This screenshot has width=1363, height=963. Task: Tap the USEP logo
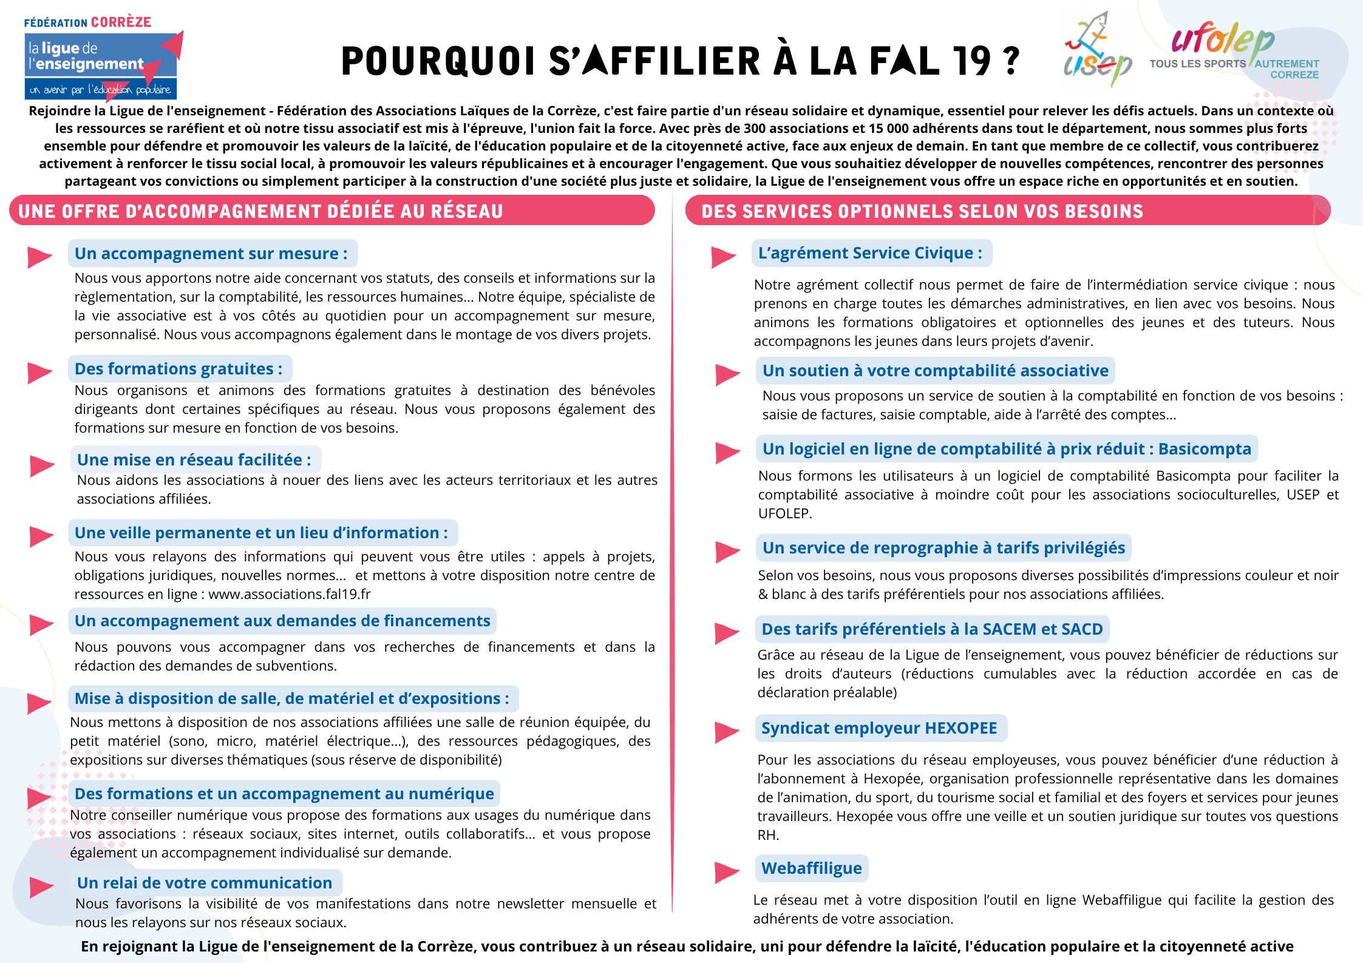(x=1096, y=52)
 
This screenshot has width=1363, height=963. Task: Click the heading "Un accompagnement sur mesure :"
(x=211, y=253)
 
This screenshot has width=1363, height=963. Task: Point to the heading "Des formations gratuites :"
(x=178, y=369)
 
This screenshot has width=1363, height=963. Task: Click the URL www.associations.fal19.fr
(x=289, y=594)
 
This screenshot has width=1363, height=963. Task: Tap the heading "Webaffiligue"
(x=811, y=868)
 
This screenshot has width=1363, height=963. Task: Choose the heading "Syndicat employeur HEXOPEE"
(x=879, y=728)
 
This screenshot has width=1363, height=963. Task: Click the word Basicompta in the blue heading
(x=1205, y=449)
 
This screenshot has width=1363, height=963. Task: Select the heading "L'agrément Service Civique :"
(x=870, y=253)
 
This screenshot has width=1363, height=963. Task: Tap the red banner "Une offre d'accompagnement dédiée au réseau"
(x=331, y=211)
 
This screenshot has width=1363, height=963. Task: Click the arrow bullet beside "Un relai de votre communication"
(x=41, y=887)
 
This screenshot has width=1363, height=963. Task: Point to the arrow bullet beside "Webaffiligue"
(x=726, y=872)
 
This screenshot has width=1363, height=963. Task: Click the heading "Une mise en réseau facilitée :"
(x=194, y=460)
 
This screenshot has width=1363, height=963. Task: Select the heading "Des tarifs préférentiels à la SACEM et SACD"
(x=932, y=629)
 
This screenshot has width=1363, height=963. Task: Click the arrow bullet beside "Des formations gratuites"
(x=39, y=372)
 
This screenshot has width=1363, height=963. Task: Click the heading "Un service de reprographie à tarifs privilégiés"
(x=943, y=548)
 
